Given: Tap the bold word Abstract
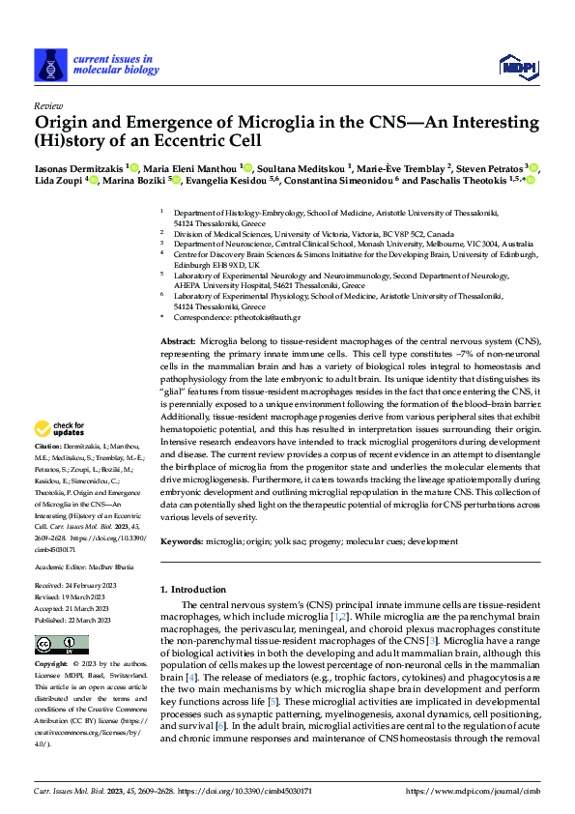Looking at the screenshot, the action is click(177, 343).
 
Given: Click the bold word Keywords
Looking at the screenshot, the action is click(181, 542).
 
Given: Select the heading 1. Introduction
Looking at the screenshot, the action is click(197, 589).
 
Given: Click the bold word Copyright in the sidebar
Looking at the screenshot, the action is click(52, 665).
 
